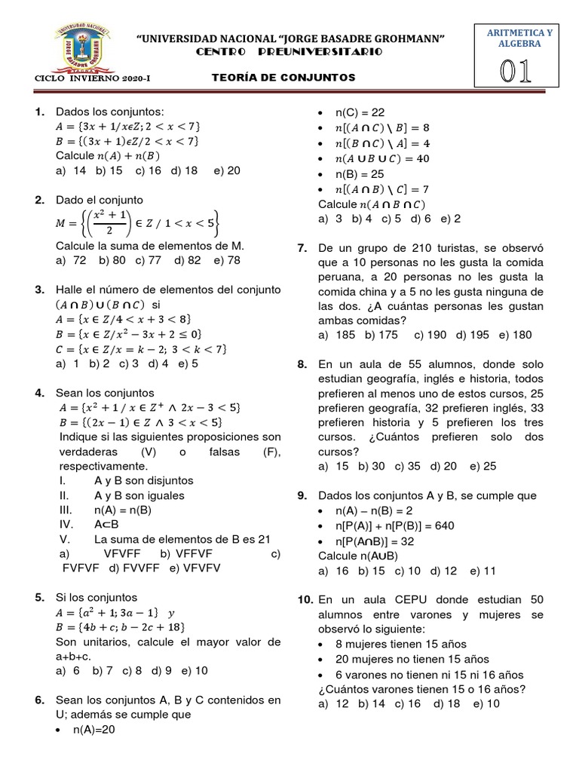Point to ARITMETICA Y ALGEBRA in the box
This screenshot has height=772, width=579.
point(519,38)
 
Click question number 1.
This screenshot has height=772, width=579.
point(41,112)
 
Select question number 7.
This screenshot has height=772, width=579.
point(303,247)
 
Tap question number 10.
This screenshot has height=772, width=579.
point(305,600)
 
